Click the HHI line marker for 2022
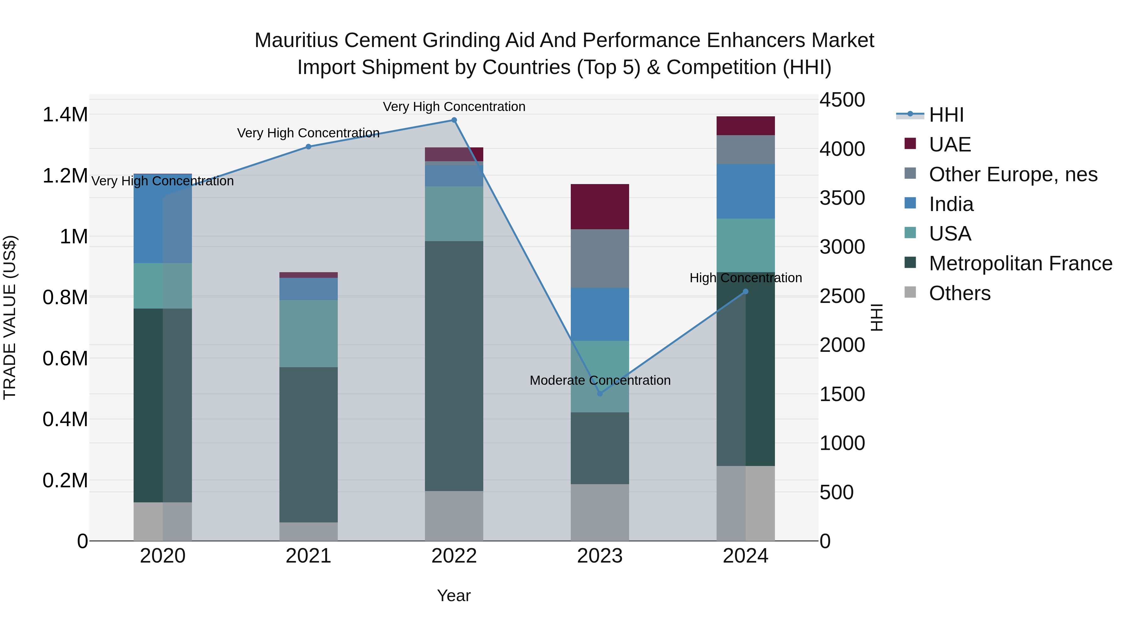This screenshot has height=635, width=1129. tap(454, 120)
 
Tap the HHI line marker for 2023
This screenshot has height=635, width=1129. tap(600, 394)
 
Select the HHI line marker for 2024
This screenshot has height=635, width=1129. tap(745, 291)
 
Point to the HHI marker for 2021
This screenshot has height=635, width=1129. tap(309, 147)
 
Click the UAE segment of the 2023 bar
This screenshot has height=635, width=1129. tap(600, 207)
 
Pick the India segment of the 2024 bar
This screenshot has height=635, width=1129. tap(745, 192)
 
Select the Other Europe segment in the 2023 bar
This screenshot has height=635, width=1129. tap(600, 259)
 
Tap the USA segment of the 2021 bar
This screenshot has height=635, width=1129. tap(309, 334)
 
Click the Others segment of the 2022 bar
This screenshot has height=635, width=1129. tap(454, 516)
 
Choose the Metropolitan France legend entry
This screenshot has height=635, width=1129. tap(1020, 263)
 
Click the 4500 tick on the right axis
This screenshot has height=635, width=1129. tap(842, 100)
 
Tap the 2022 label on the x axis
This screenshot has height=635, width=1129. tap(454, 556)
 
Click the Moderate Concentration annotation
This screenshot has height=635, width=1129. tap(600, 380)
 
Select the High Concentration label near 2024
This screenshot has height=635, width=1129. tap(745, 278)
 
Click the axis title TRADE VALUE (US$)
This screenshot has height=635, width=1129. tap(10, 317)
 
